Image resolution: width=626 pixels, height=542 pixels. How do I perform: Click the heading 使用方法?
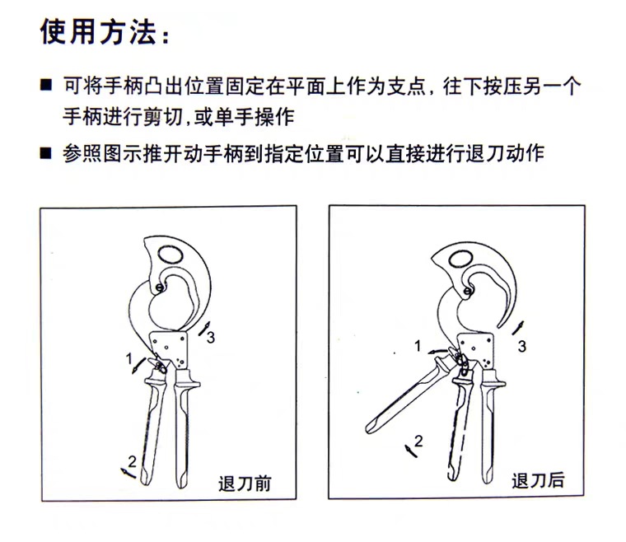(x=98, y=31)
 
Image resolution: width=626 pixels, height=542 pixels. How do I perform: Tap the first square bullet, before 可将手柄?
(x=46, y=85)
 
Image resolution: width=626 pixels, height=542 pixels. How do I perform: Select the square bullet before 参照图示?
(x=46, y=153)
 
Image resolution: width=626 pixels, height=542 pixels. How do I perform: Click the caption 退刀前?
(x=245, y=484)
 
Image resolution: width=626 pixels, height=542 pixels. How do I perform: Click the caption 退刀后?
(x=538, y=480)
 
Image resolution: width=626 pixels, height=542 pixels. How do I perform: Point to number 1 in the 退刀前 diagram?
(x=128, y=359)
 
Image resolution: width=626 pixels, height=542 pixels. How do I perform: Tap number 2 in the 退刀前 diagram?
(x=132, y=462)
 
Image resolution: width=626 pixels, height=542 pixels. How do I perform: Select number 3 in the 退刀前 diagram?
(x=210, y=338)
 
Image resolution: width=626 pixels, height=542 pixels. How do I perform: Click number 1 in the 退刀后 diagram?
(x=418, y=346)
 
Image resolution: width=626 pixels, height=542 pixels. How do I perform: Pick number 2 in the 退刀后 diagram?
(x=418, y=442)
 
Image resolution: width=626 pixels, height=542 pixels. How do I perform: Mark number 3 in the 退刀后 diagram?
(x=521, y=346)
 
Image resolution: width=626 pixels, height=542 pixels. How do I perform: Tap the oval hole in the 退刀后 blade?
(x=461, y=259)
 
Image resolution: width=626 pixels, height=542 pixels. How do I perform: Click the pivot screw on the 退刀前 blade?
(x=160, y=287)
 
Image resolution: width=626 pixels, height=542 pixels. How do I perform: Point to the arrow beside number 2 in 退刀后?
(x=410, y=451)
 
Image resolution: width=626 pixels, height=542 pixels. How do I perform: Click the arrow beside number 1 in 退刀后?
(x=436, y=351)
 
